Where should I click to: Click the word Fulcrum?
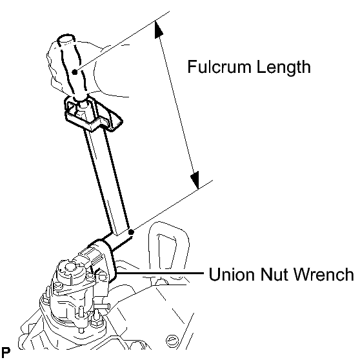(x=220, y=66)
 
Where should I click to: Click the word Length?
(x=283, y=67)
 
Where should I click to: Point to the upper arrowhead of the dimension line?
(x=158, y=29)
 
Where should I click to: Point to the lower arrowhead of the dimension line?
(x=195, y=180)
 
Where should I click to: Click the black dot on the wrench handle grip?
(x=75, y=72)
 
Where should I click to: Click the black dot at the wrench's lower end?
(x=131, y=232)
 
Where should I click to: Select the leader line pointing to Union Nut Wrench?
(x=160, y=273)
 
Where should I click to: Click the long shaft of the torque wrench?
(x=106, y=179)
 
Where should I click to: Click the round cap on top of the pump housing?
(x=70, y=268)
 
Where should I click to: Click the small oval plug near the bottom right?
(x=171, y=339)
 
